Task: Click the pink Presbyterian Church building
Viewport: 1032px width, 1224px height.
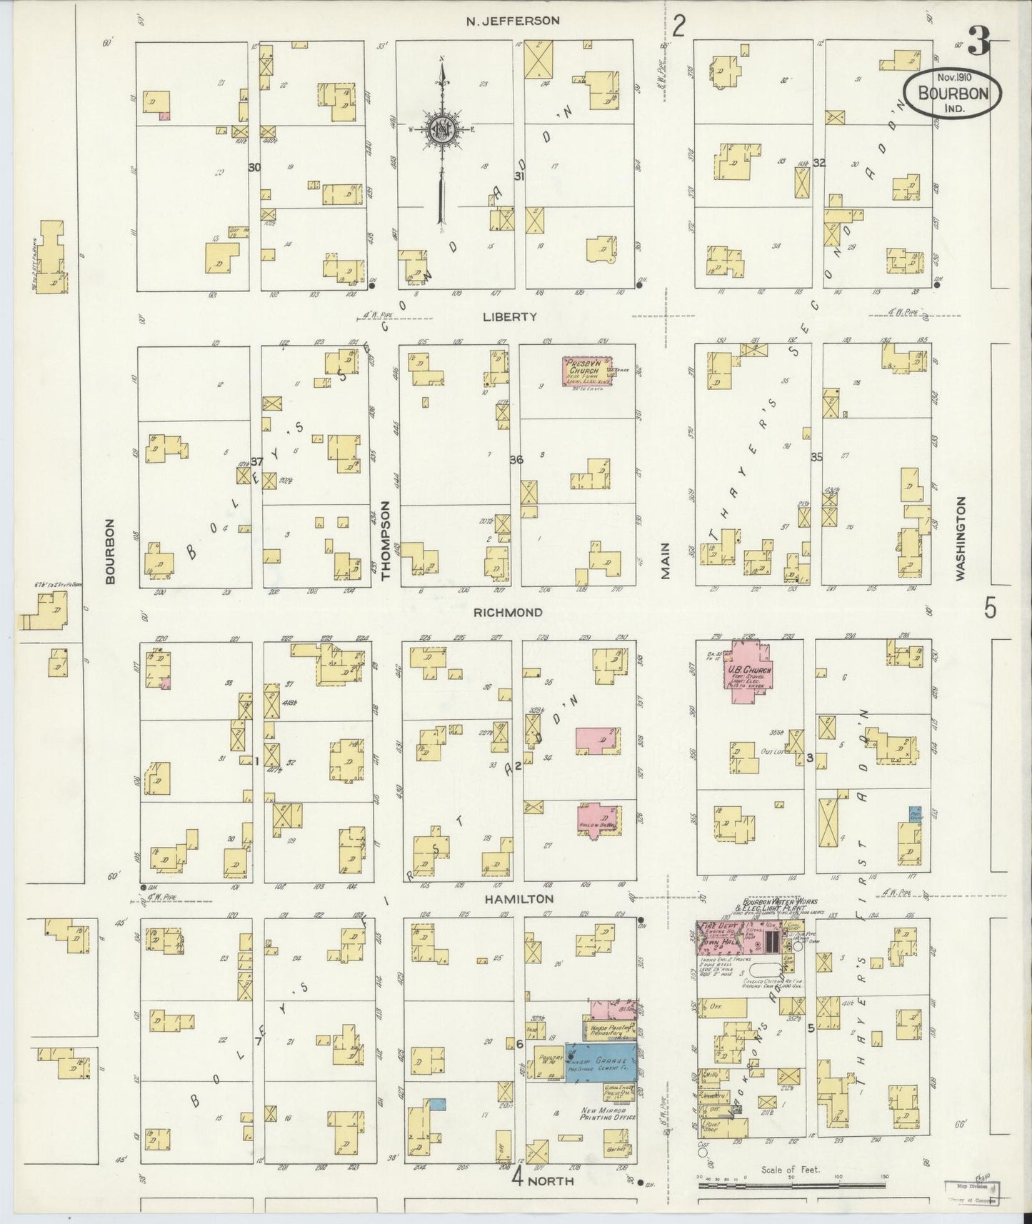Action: pyautogui.click(x=583, y=372)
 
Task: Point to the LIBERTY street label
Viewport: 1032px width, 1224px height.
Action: pyautogui.click(x=519, y=316)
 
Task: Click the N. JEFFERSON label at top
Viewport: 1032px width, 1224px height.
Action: pyautogui.click(x=512, y=21)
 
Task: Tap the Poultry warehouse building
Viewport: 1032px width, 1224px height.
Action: pyautogui.click(x=548, y=1063)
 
